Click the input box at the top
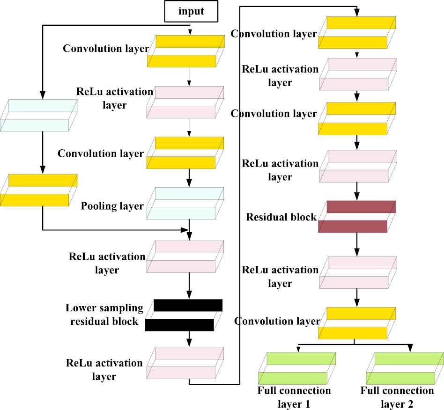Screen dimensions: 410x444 191,11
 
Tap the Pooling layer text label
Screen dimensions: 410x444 112,206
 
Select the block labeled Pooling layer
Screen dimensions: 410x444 185,203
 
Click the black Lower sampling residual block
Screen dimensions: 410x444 184,315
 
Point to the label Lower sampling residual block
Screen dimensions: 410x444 104,315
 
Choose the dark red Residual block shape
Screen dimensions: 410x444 357,217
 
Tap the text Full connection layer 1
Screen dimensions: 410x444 294,397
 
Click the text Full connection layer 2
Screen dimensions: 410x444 397,397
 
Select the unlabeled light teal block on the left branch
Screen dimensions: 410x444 39,115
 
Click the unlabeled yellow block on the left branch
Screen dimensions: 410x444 39,190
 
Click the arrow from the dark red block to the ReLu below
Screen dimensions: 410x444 357,244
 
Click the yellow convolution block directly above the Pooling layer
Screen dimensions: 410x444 185,153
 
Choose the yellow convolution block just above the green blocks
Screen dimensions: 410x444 357,323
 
